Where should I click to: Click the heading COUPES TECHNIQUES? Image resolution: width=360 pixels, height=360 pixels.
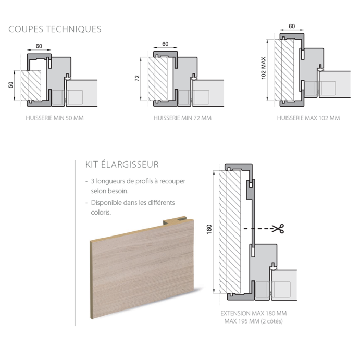tap(55, 29)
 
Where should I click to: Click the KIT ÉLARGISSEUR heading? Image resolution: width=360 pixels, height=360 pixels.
tap(122, 165)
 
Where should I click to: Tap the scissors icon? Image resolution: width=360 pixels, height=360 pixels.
tap(279, 228)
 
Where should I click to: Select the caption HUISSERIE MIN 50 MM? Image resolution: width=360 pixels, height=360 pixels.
tap(55, 118)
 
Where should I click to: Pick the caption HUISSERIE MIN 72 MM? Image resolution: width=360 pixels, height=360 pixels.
tap(182, 118)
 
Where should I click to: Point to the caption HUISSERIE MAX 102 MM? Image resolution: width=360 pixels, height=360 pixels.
tap(308, 118)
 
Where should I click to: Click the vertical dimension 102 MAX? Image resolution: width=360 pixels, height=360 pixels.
tap(263, 68)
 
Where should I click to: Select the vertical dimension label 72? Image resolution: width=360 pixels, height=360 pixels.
tap(137, 79)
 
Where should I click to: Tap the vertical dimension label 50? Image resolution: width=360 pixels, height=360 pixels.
tap(11, 85)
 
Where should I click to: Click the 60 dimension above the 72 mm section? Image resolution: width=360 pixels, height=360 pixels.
tap(165, 44)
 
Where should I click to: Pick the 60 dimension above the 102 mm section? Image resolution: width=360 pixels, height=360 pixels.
tap(292, 26)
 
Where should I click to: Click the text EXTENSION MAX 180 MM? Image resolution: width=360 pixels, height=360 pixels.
tap(253, 314)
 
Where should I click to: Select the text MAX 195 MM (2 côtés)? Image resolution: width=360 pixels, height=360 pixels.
tap(253, 321)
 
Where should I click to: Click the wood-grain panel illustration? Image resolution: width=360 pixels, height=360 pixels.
tap(141, 266)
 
